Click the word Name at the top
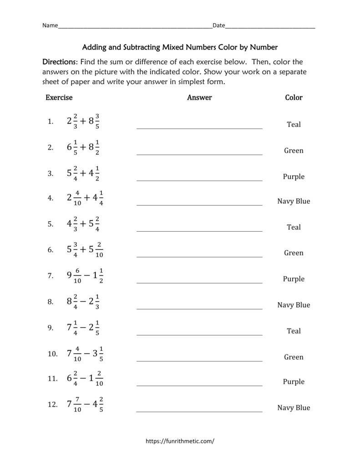point(50,25)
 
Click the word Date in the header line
point(219,25)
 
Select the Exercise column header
point(59,97)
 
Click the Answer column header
point(199,97)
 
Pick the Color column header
point(294,97)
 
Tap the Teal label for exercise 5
point(294,227)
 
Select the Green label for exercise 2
point(294,151)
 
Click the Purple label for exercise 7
point(294,279)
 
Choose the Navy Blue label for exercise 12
point(294,408)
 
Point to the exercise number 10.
point(52,354)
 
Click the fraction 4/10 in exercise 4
point(77,199)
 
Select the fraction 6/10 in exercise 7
point(77,276)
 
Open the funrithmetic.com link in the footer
point(180,441)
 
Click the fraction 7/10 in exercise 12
point(77,404)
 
